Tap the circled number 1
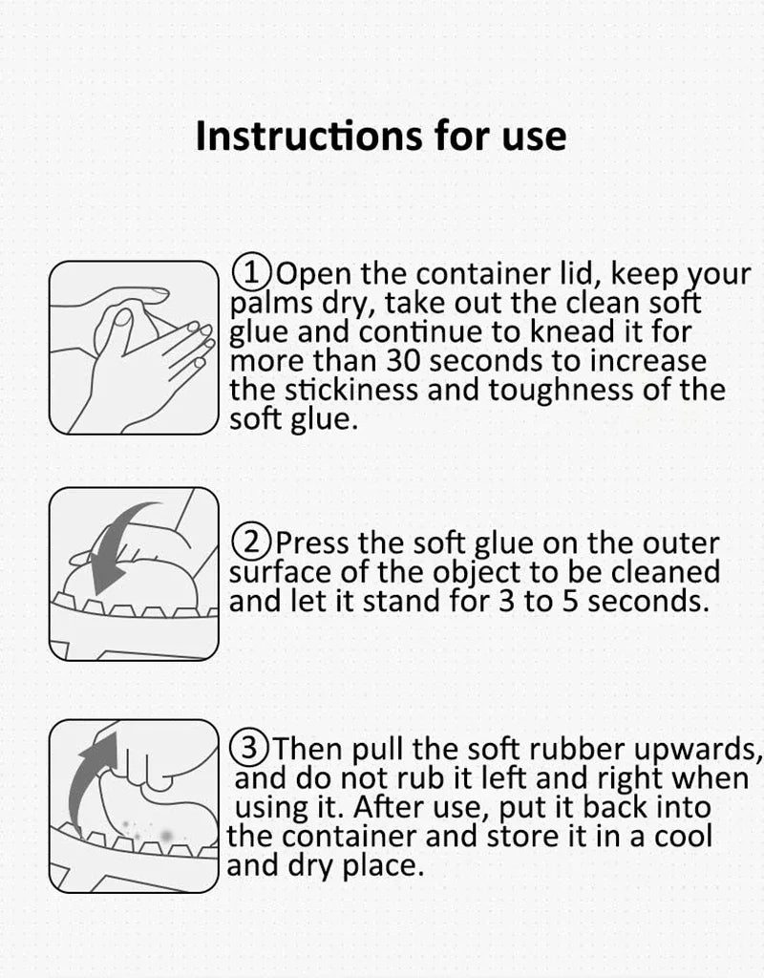click(251, 272)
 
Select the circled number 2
click(251, 542)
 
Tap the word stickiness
click(351, 390)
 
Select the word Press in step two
click(312, 543)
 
